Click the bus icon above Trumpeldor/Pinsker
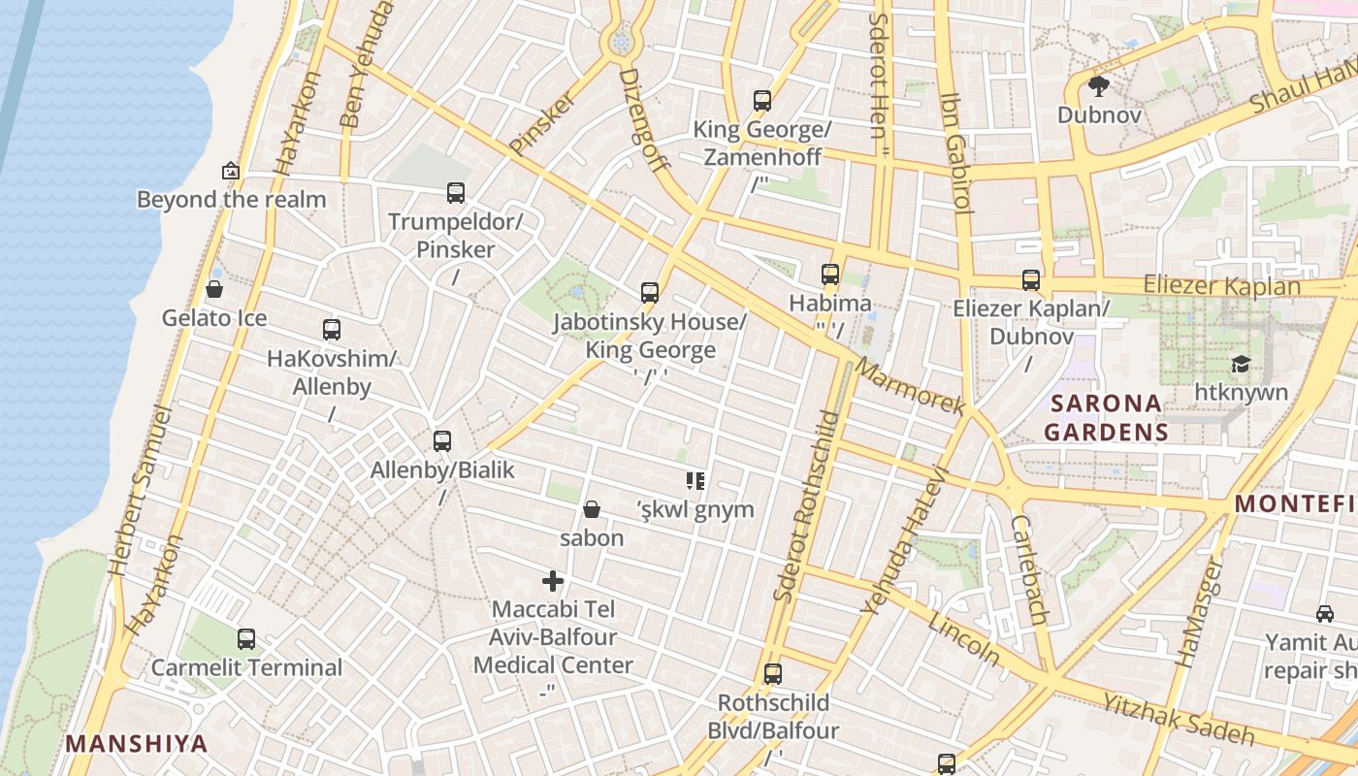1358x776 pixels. (x=456, y=192)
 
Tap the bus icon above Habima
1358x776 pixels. (x=830, y=274)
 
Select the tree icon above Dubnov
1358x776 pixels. (x=1099, y=86)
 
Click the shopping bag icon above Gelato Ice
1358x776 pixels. (x=214, y=289)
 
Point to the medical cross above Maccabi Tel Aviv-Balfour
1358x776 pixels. (x=553, y=581)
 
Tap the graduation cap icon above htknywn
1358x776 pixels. (x=1241, y=364)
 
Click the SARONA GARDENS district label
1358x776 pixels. (x=1106, y=417)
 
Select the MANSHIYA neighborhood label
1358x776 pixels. (x=137, y=744)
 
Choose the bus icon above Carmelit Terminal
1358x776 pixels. (x=246, y=639)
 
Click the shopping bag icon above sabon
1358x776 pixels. (x=592, y=509)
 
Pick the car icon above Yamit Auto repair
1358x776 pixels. (x=1325, y=613)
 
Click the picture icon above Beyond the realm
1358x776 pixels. (x=231, y=171)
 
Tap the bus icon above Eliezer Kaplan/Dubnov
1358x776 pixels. (x=1031, y=280)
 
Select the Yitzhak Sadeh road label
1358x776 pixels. (x=1178, y=719)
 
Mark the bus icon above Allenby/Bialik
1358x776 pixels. (x=442, y=441)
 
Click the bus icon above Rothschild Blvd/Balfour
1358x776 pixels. (x=773, y=673)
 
